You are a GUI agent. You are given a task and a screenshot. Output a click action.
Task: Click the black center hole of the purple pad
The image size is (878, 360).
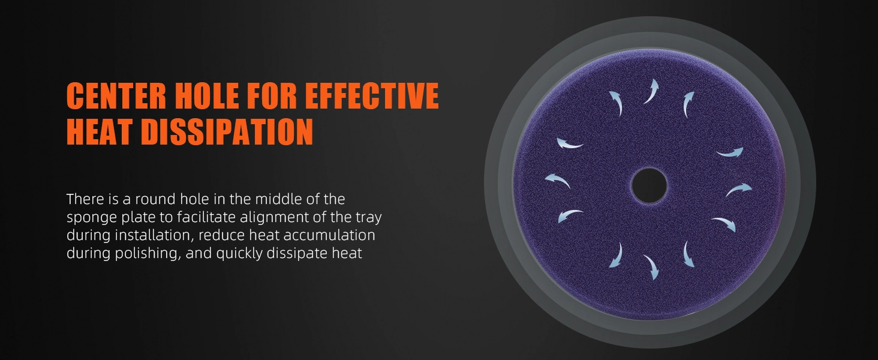[x=649, y=185]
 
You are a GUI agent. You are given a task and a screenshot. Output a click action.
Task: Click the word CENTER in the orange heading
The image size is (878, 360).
[x=116, y=95]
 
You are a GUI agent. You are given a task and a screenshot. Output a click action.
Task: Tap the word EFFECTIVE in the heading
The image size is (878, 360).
[x=372, y=95]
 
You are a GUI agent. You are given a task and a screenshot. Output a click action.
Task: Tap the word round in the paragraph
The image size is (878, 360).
[x=155, y=199]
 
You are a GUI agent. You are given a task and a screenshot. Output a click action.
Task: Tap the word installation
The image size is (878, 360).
[x=154, y=235]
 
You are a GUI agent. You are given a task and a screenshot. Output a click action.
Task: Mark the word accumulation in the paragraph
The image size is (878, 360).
[x=329, y=235]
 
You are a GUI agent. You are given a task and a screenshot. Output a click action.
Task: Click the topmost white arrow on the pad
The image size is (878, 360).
[x=651, y=91]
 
